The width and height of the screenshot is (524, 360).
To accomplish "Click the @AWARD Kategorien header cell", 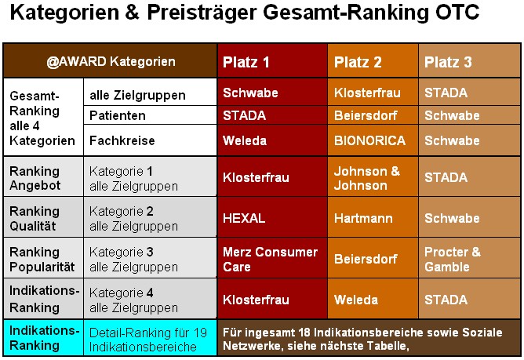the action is [x=111, y=61].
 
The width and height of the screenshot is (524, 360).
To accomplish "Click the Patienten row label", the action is [x=118, y=115].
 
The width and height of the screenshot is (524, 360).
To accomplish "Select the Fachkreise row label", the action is [x=122, y=140].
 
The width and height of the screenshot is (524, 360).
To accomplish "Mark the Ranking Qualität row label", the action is [x=35, y=218].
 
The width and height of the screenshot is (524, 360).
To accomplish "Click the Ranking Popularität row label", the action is [x=42, y=259].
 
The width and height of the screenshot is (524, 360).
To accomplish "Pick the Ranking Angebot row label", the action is [x=35, y=178].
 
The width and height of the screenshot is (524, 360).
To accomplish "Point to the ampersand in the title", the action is [x=133, y=13].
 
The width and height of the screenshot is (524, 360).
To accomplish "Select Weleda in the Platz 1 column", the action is [x=245, y=140].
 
